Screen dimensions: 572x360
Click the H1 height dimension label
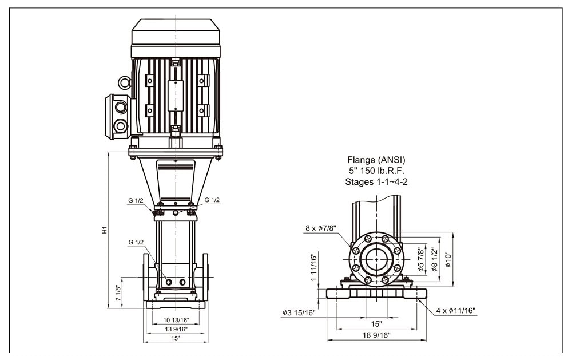104,230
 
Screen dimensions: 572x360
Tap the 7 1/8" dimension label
118,293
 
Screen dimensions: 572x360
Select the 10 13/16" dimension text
176,320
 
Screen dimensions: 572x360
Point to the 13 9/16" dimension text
176,329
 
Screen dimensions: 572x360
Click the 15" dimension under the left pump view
176,338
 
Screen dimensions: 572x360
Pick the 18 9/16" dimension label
376,335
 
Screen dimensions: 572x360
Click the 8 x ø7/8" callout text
321,228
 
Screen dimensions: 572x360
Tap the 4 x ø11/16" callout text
456,311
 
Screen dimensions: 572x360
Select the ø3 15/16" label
299,313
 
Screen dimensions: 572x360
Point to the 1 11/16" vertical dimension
314,267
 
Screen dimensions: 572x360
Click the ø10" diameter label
448,260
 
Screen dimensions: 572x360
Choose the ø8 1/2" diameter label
434,260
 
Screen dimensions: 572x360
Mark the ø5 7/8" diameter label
420,260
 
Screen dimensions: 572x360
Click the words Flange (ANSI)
376,160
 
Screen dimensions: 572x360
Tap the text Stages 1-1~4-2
376,181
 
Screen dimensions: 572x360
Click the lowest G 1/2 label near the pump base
136,242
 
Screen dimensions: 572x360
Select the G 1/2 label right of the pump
212,200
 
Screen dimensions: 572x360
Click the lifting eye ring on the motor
125,82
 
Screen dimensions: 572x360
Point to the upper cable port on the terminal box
120,108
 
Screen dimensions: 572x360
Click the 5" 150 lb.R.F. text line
376,171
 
